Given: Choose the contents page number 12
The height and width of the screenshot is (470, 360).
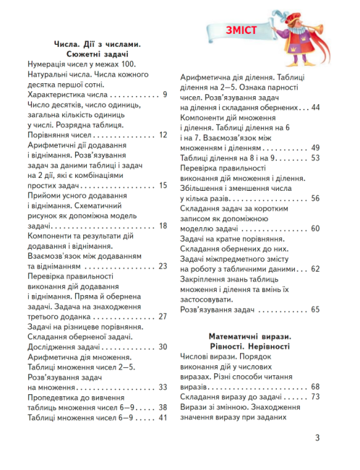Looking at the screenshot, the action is (163, 134).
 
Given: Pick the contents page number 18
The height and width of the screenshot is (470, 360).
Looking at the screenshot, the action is (163, 226).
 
